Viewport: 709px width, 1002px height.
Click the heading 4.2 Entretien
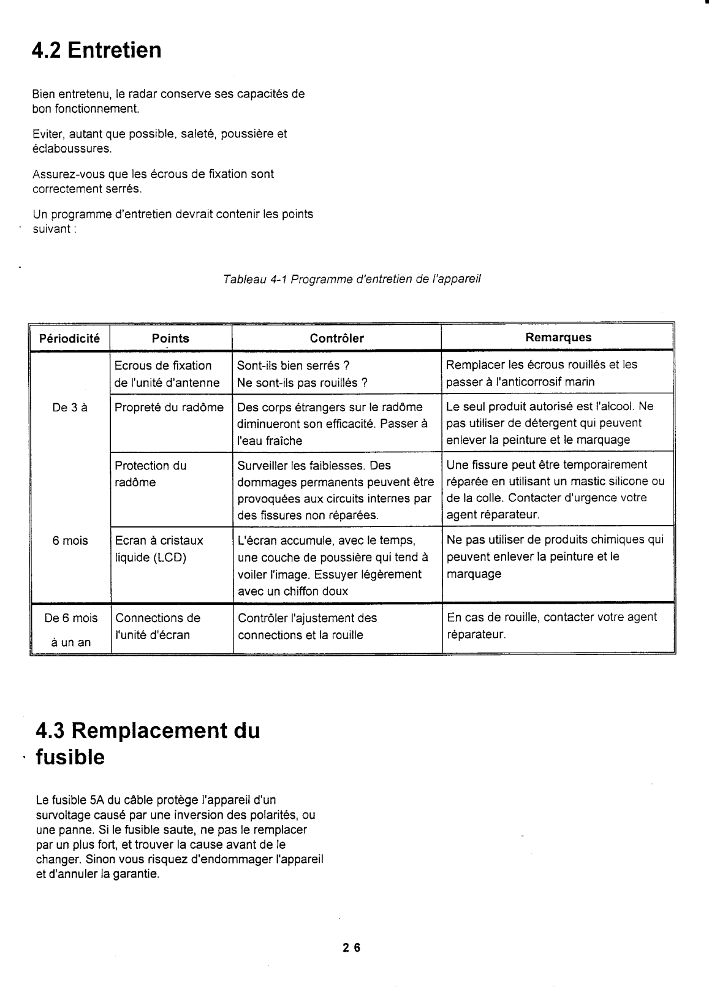[97, 50]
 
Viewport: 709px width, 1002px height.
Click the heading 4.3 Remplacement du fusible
[148, 744]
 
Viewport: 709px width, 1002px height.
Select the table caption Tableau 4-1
[352, 279]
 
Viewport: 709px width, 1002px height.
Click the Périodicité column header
[70, 338]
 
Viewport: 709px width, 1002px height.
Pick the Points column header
[170, 338]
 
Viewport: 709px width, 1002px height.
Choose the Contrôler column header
[336, 338]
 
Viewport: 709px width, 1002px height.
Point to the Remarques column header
[558, 337]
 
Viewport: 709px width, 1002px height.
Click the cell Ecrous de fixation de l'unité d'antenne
[167, 374]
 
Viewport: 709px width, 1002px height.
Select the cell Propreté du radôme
[169, 407]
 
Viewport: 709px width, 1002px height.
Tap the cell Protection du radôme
[151, 474]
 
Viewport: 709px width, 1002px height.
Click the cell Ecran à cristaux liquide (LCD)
[159, 548]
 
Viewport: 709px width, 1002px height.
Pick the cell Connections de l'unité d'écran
[157, 626]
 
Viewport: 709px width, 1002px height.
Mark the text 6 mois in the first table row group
[70, 541]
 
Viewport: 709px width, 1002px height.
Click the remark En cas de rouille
[552, 625]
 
